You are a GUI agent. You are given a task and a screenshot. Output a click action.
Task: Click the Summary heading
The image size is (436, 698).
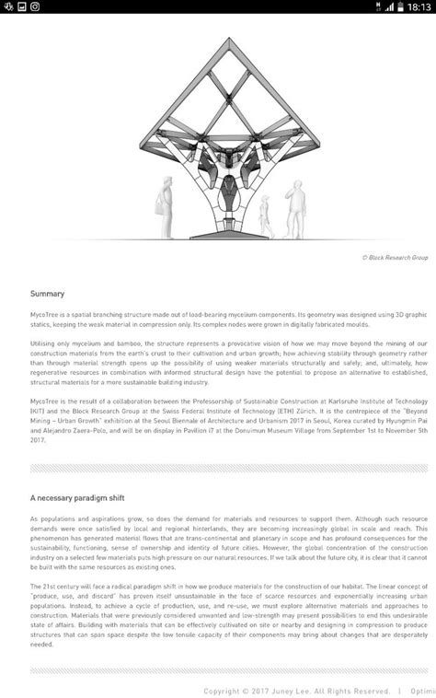[47, 294]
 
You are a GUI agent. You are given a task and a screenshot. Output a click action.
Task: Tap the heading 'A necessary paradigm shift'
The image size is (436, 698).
[82, 497]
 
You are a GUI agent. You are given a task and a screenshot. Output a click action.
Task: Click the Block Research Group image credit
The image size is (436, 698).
[396, 258]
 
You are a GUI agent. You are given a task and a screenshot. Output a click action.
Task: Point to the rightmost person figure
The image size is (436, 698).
[295, 205]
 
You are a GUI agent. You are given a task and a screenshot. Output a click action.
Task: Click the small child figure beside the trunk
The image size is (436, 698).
[265, 217]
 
